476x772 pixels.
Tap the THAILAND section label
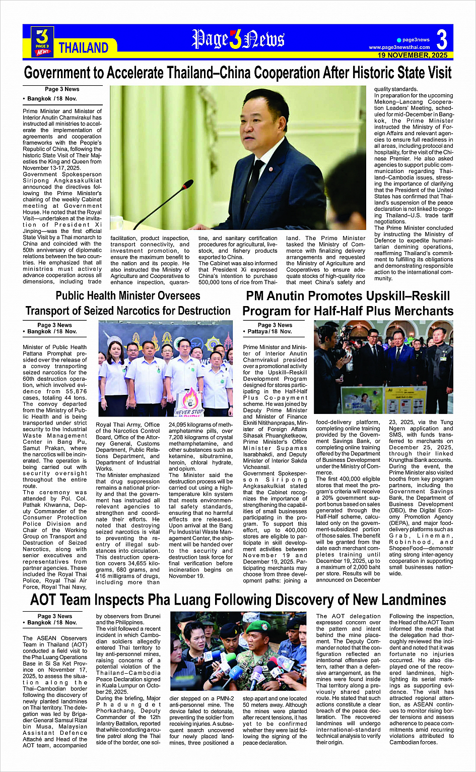point(83,48)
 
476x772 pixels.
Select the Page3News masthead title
point(238,39)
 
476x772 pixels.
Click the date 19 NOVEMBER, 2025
point(413,55)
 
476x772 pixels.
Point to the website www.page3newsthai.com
point(399,47)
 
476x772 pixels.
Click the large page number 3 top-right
point(441,39)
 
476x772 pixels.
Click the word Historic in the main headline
point(359,73)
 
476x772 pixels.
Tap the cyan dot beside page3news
point(399,40)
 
